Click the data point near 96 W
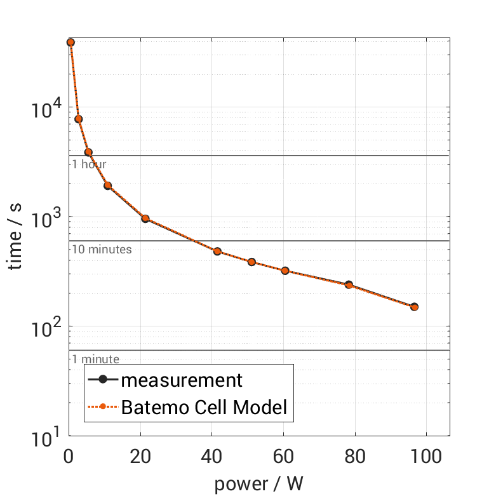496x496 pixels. tap(414, 307)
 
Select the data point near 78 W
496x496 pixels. tap(349, 285)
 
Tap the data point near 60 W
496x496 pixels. tap(285, 271)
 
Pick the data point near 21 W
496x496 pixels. tap(145, 218)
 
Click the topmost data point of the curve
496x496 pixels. tap(70, 42)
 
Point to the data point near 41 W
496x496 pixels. tap(217, 251)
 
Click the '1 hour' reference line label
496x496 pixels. tap(89, 164)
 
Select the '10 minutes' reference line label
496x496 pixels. tap(102, 250)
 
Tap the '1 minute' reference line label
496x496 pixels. tap(95, 359)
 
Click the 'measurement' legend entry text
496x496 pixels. tap(182, 380)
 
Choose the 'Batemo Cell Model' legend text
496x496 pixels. tap(204, 406)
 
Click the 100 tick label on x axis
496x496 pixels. tap(426, 456)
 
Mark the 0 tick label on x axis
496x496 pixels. tap(69, 456)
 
